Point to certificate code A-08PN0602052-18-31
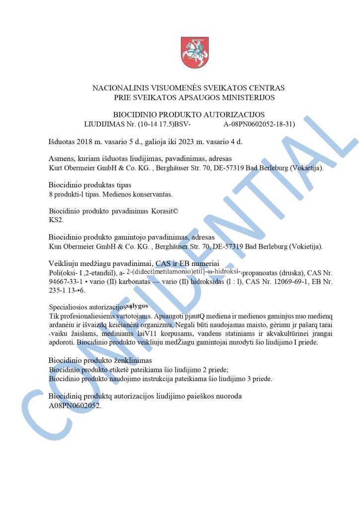pyautogui.click(x=259, y=124)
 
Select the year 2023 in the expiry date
pyautogui.click(x=182, y=142)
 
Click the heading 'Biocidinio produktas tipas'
pyautogui.click(x=90, y=185)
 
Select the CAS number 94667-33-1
pyautogui.click(x=65, y=281)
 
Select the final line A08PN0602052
pyautogui.click(x=75, y=406)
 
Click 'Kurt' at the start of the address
pyautogui.click(x=56, y=168)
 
